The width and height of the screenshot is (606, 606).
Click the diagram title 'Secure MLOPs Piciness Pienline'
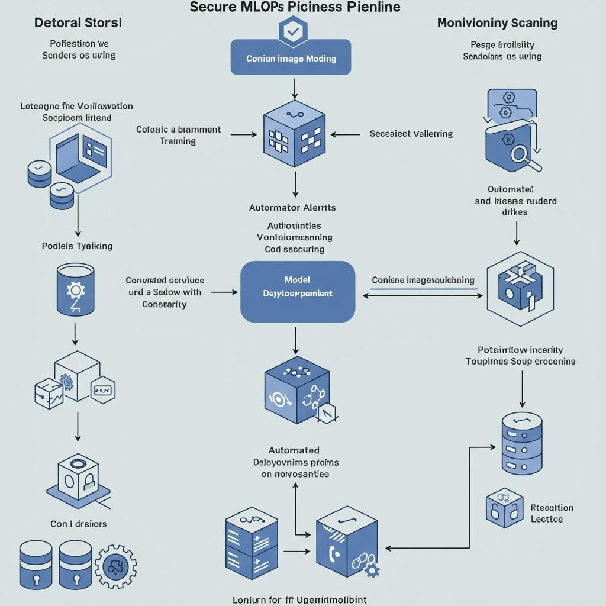tap(295, 8)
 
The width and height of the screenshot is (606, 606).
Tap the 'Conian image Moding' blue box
tap(291, 58)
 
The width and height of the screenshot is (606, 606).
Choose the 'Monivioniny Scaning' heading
tap(497, 23)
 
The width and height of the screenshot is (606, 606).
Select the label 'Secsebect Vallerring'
tap(411, 134)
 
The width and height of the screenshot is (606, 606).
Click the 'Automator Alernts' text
tap(292, 208)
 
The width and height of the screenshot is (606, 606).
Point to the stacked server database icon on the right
tap(521, 443)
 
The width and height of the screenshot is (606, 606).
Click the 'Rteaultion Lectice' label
tap(552, 513)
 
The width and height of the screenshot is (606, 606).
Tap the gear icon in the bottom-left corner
tap(115, 566)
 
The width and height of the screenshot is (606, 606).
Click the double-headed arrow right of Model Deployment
tap(423, 295)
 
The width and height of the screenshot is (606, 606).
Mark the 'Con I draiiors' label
tap(78, 524)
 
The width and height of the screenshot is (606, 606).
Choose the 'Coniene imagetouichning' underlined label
tap(423, 280)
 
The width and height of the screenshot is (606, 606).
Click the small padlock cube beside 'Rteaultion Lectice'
tap(504, 507)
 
